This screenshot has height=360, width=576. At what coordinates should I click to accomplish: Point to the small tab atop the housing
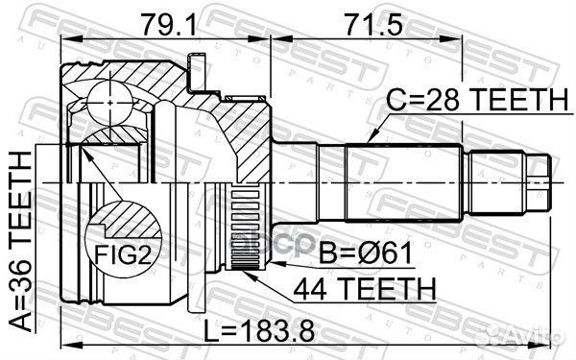coord(198,71)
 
